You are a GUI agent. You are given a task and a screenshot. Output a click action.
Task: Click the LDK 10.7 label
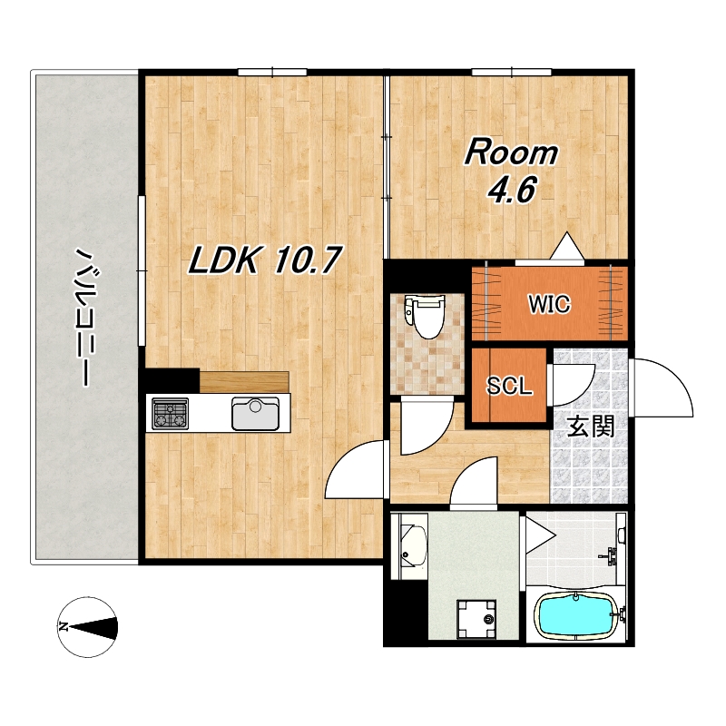(x=265, y=260)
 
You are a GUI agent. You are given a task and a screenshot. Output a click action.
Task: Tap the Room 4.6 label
(x=512, y=171)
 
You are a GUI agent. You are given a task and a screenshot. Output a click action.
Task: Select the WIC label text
(x=550, y=304)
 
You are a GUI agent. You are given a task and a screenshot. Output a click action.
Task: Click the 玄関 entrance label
(x=592, y=426)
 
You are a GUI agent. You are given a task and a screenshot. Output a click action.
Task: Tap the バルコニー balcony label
(x=85, y=317)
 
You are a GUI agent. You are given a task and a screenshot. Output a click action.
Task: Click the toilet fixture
(x=424, y=317)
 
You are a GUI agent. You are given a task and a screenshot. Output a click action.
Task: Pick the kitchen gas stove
(x=171, y=414)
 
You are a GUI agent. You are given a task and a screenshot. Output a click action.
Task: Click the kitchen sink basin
(x=256, y=414)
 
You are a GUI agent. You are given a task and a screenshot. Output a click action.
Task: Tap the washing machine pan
(x=476, y=619)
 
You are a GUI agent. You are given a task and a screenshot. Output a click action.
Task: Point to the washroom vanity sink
(x=408, y=546)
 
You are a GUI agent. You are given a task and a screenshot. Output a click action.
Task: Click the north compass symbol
(x=87, y=627)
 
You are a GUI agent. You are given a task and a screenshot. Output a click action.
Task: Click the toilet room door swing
(x=427, y=425)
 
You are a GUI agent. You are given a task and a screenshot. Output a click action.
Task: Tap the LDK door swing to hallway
(x=356, y=469)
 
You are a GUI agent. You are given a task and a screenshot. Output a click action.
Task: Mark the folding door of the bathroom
(x=538, y=536)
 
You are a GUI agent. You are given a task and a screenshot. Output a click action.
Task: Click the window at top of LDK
(x=273, y=72)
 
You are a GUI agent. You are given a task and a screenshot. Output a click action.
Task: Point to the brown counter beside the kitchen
(x=244, y=381)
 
